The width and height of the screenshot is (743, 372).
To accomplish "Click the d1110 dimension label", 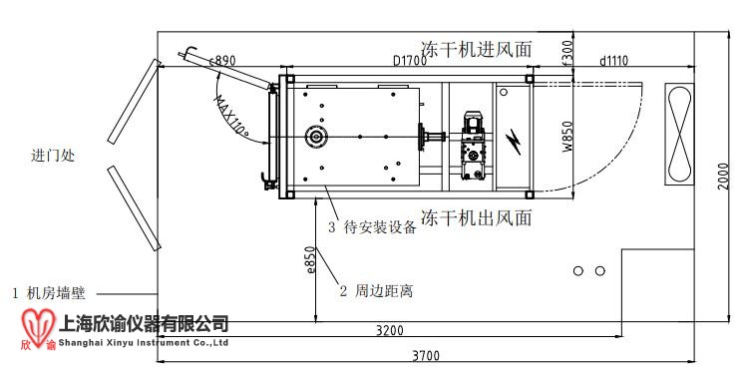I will [613, 61].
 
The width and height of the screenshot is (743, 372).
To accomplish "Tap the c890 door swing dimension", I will [221, 61].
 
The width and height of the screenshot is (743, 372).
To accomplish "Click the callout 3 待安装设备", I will [372, 226].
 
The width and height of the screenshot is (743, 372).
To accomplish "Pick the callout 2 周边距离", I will [376, 291].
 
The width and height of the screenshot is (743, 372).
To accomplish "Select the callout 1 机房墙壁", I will [48, 293].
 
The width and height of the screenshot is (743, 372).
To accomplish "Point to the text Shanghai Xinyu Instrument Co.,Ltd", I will [146, 342].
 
